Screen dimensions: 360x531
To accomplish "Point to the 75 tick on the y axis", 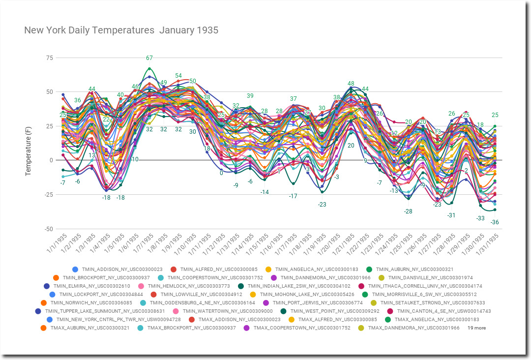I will click(49, 58).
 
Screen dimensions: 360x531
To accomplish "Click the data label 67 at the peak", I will click(149, 58).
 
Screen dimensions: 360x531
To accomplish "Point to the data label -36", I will click(495, 222).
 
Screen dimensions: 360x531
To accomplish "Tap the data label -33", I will click(480, 218).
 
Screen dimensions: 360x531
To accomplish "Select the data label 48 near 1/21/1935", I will click(351, 84).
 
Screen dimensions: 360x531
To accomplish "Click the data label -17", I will click(294, 196).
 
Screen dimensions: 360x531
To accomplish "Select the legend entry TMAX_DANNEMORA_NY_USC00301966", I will click(413, 328).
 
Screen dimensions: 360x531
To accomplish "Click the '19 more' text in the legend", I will click(476, 328).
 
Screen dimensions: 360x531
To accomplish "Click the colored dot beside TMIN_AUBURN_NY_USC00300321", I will click(379, 269).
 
